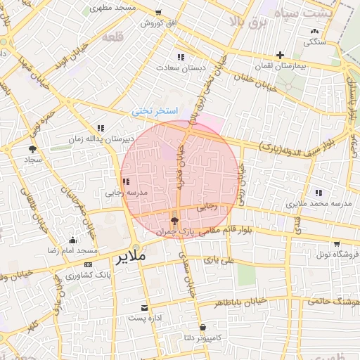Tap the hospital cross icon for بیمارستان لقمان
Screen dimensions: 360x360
[280, 55]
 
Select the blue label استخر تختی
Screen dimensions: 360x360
[155, 112]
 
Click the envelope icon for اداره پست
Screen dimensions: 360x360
[144, 308]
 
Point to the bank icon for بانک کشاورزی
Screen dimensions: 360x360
[88, 264]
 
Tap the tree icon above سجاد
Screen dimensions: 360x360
[32, 149]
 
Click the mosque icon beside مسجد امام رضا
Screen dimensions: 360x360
[73, 240]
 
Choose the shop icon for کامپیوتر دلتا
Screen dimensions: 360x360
[202, 327]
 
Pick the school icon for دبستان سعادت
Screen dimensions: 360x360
[181, 58]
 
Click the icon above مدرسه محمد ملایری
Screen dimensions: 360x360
[319, 193]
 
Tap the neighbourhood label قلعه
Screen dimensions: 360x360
[112, 37]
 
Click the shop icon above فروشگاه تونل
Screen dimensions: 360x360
[337, 244]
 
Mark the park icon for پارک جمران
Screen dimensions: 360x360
[174, 221]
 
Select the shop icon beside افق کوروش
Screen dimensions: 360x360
[158, 13]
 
